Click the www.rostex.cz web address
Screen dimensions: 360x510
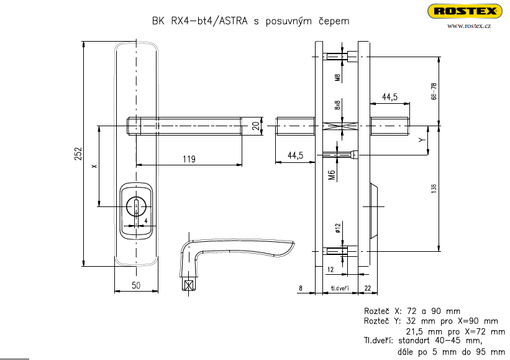(469, 25)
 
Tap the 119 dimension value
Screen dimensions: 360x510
(189, 159)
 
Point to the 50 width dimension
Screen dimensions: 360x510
(137, 285)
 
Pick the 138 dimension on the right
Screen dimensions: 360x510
(434, 188)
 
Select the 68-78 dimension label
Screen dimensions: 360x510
(434, 91)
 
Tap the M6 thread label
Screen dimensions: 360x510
(332, 175)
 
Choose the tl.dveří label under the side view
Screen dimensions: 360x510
(339, 288)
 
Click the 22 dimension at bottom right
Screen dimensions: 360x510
(368, 288)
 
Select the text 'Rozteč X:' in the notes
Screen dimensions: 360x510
(382, 310)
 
